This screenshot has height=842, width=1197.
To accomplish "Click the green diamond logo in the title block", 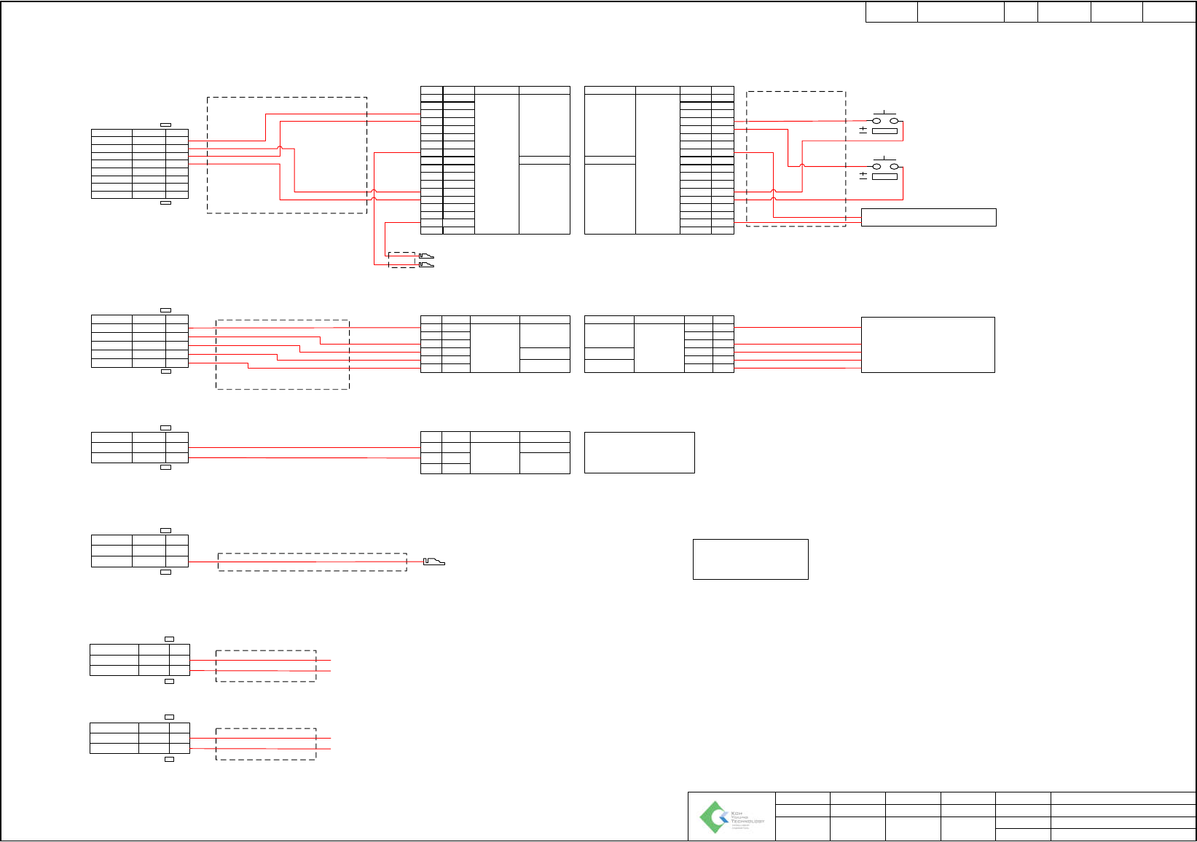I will coord(714,817).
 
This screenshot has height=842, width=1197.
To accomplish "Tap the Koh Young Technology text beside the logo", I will coord(747,819).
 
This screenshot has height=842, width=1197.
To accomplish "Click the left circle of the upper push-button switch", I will coord(876,121).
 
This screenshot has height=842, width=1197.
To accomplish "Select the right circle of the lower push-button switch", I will coord(893,166).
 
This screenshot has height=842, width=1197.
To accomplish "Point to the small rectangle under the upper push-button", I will coord(884,131).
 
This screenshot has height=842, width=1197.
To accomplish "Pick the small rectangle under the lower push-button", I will coord(884,176).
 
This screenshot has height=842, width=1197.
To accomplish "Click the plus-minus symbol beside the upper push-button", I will coord(863,130).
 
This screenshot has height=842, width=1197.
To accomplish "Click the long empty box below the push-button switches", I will coord(928,217).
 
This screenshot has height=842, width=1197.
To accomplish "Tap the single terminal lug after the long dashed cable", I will coord(434,562).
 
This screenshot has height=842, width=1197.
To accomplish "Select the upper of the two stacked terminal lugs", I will coord(426,256).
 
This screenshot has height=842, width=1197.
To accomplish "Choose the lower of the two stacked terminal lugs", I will coord(426,264).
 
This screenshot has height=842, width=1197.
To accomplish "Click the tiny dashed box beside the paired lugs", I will coord(401,260).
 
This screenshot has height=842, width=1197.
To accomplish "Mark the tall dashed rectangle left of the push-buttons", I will coord(796,159).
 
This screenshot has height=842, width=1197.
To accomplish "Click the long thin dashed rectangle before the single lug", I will coord(312,562).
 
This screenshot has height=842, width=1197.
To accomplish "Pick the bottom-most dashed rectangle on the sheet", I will coord(266,744).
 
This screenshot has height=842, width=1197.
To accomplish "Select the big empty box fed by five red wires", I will coord(927,345).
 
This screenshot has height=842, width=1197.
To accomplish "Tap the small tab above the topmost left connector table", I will coord(165,125).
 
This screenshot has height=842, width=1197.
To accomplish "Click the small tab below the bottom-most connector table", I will coord(169,759).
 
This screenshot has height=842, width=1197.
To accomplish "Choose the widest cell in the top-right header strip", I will coord(960,12).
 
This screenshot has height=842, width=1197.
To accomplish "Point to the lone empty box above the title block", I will coord(750,559).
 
